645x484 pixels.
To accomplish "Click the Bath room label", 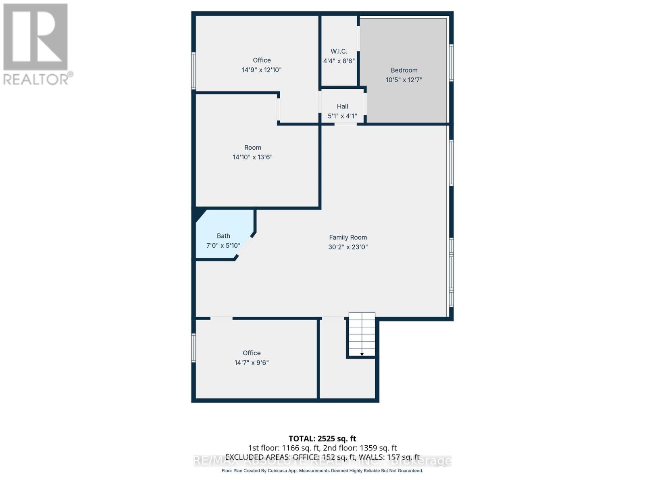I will pyautogui.click(x=223, y=236).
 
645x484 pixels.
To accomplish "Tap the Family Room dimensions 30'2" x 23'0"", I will pyautogui.click(x=348, y=247).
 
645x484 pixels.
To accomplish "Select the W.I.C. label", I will pyautogui.click(x=339, y=51).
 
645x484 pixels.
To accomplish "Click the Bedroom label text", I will pyautogui.click(x=404, y=70).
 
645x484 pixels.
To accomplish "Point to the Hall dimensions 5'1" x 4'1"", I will pyautogui.click(x=342, y=116).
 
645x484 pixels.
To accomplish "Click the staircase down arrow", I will pyautogui.click(x=362, y=354).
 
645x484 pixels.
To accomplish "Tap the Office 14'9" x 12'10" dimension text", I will pyautogui.click(x=262, y=70).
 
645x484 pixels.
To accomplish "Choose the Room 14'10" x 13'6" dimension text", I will pyautogui.click(x=253, y=157).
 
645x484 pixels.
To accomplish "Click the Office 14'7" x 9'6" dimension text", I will pyautogui.click(x=252, y=363).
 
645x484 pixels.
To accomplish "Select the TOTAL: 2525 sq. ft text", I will pyautogui.click(x=322, y=438).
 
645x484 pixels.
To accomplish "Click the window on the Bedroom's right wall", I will pyautogui.click(x=451, y=63).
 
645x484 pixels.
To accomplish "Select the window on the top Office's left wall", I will pyautogui.click(x=193, y=71).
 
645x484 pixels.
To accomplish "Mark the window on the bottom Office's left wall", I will pyautogui.click(x=193, y=348).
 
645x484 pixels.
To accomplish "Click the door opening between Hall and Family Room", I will pyautogui.click(x=345, y=124).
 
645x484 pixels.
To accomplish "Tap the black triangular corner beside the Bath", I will pyautogui.click(x=199, y=213).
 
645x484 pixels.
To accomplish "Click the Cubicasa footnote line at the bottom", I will pyautogui.click(x=322, y=471).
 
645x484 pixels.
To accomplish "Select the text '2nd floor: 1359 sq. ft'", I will pyautogui.click(x=360, y=448).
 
